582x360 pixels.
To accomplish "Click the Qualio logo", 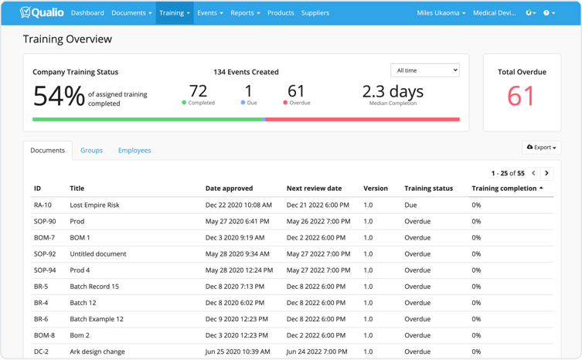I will [42, 12].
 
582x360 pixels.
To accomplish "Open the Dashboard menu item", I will [87, 13].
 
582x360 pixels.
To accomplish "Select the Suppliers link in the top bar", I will [315, 13].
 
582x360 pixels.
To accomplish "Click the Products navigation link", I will [281, 13].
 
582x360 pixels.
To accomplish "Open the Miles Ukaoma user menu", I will [441, 13].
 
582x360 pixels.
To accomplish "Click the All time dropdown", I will [425, 70].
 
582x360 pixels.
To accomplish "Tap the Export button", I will [541, 148].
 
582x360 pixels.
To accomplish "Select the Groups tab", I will [91, 151].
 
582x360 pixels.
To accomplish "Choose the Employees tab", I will [134, 151].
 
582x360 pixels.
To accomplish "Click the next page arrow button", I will [546, 173].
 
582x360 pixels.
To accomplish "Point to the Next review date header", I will [314, 188].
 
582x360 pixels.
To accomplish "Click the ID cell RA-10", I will [43, 205].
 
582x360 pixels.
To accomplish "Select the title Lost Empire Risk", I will [94, 205].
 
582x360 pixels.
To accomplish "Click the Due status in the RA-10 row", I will [410, 205].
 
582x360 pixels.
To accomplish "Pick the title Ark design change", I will [97, 352].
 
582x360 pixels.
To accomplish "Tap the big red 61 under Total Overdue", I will [521, 97].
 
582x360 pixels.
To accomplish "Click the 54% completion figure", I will [59, 96].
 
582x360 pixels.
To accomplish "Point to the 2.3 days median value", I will [393, 91].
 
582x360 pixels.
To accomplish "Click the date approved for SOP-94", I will [239, 270].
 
